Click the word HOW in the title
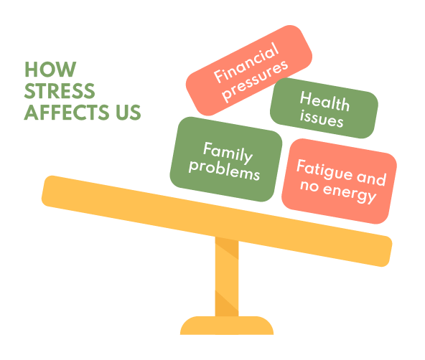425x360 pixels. point(50,70)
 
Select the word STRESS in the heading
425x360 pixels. point(60,90)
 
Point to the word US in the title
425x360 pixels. point(129,112)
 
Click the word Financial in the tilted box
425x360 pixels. point(246,62)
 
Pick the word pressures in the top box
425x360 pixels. point(255,80)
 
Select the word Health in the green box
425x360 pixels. point(324,101)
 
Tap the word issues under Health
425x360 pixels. point(322,119)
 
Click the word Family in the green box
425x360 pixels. point(228,153)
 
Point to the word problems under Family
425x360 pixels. point(224,170)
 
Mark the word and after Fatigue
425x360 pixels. point(371,178)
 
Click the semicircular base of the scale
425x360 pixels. point(227,326)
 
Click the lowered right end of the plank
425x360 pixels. point(383,251)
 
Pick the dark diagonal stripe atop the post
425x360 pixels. point(227,247)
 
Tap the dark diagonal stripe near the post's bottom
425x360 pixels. point(227,303)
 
